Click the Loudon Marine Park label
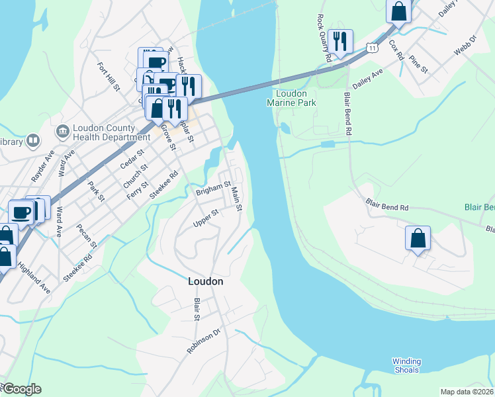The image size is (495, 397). [x=291, y=98]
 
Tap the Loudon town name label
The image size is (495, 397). [x=205, y=281]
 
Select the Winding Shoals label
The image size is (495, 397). [x=406, y=365]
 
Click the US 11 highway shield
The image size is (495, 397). [x=373, y=48]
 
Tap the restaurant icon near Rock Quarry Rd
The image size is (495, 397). [x=340, y=41]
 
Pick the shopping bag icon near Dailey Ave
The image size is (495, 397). [x=399, y=11]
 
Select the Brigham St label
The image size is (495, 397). [x=212, y=189]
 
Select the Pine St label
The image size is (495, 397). [x=418, y=65]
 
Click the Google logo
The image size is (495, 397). [x=21, y=389]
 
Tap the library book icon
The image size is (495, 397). [x=32, y=141]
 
